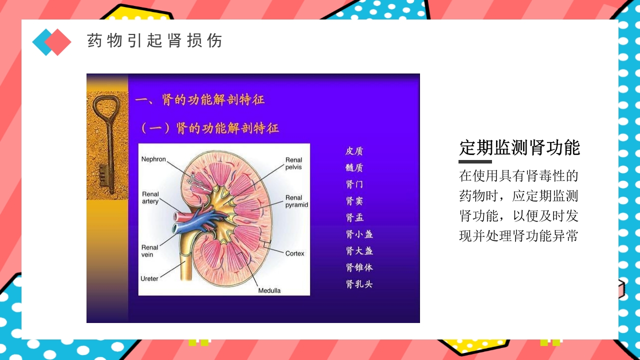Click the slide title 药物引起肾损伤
click(154, 40)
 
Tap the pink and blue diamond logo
click(51, 42)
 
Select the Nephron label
click(153, 159)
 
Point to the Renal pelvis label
click(293, 163)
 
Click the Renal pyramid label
click(296, 201)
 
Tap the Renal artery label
click(150, 197)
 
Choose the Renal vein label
click(149, 251)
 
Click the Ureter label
click(149, 278)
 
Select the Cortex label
click(294, 253)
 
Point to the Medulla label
click(269, 290)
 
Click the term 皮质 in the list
click(354, 151)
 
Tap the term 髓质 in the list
click(354, 167)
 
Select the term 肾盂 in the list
click(354, 217)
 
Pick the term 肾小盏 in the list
click(359, 234)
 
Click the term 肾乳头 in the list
click(359, 284)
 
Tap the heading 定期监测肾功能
click(519, 148)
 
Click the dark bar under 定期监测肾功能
click(475, 161)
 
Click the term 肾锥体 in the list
click(359, 267)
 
